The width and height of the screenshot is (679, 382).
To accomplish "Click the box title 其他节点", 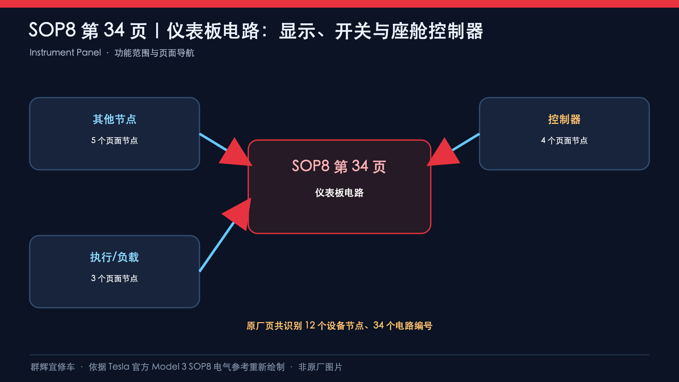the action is (115, 119).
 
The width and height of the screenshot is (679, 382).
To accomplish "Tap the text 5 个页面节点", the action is (115, 140).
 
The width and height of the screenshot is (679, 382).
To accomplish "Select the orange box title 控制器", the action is (564, 119).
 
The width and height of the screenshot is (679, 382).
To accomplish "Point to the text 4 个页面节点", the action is (564, 140).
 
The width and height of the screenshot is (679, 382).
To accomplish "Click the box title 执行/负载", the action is (115, 257).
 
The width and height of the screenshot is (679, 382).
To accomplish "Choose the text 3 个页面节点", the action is (115, 278).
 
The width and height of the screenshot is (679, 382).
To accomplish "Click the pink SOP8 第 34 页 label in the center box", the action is (339, 166).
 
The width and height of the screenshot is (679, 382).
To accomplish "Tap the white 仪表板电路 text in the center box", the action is (339, 193).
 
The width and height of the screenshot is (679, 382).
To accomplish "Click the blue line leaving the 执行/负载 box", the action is (216, 247).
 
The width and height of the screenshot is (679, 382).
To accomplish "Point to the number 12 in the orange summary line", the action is (310, 325).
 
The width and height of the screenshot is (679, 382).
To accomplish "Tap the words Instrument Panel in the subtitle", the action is (65, 53).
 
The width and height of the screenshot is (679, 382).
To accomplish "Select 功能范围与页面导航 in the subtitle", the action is (154, 53).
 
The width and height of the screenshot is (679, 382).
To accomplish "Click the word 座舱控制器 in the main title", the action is (437, 31).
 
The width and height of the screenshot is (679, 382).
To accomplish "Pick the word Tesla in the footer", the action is (119, 367).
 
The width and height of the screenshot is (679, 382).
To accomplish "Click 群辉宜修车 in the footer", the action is (53, 367).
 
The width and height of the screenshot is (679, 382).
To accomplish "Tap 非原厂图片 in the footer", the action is (320, 367).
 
